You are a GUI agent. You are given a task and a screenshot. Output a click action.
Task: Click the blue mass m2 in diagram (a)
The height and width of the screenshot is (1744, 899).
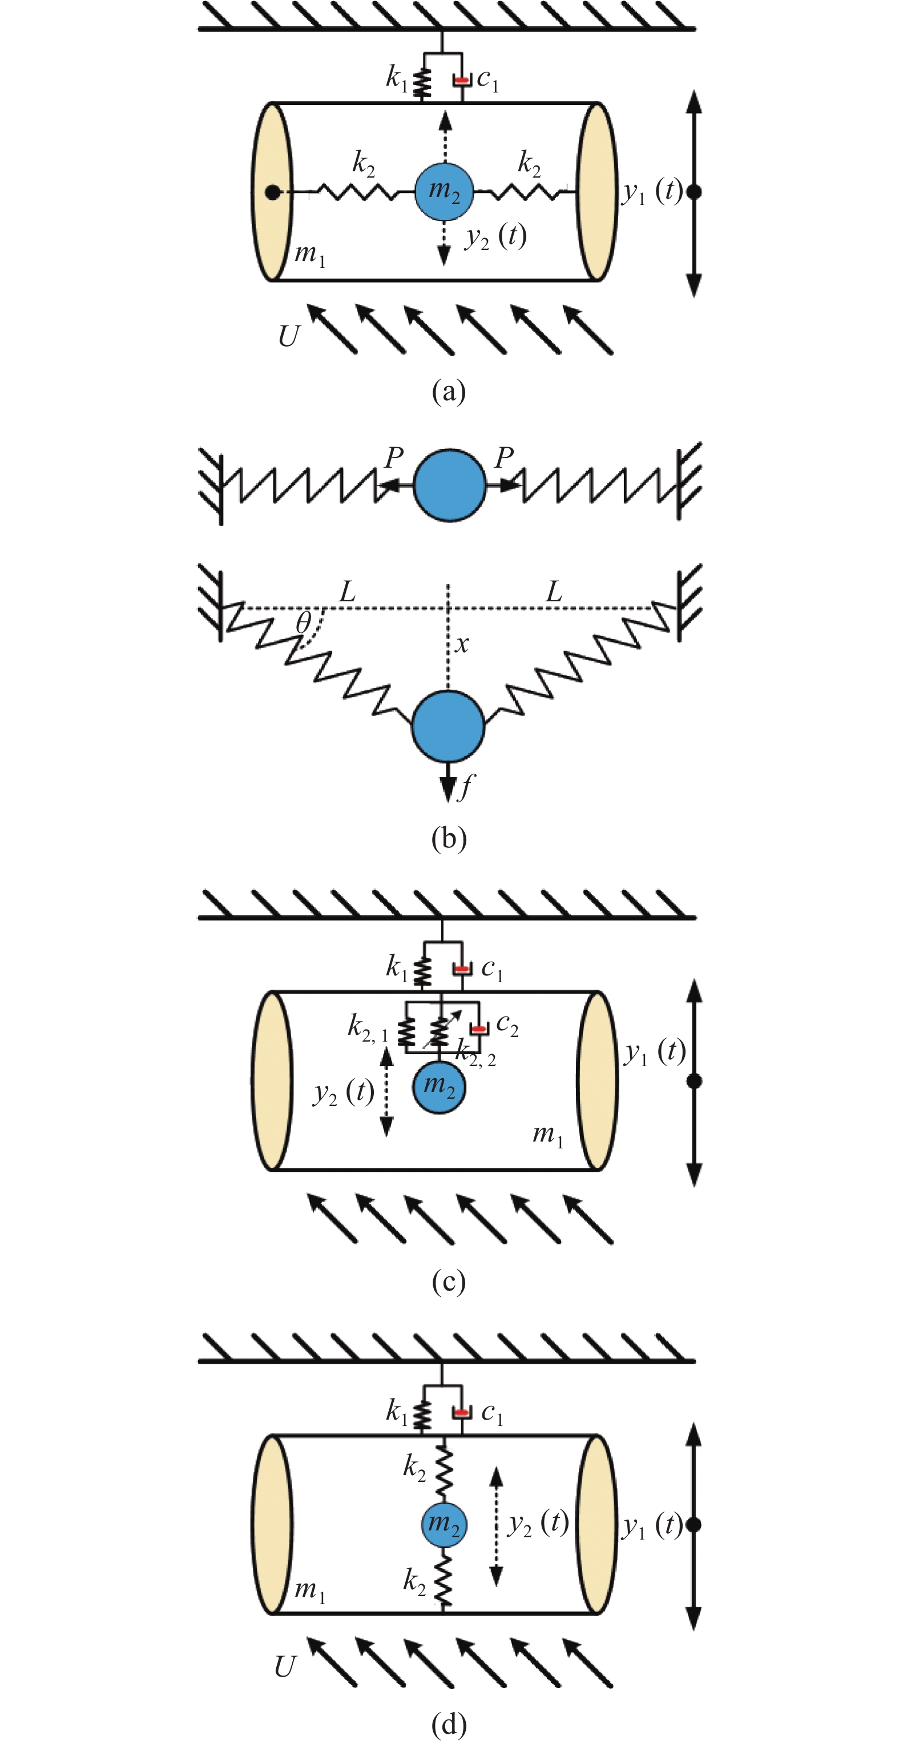pyautogui.click(x=444, y=192)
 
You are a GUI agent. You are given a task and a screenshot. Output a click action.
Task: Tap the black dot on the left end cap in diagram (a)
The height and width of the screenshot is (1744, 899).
pyautogui.click(x=272, y=193)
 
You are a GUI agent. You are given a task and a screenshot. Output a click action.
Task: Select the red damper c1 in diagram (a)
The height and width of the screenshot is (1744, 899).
pyautogui.click(x=462, y=81)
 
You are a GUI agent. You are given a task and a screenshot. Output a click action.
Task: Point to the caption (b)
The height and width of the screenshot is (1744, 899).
pyautogui.click(x=449, y=838)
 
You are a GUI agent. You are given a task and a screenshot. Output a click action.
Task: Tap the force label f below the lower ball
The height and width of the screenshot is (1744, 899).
pyautogui.click(x=466, y=787)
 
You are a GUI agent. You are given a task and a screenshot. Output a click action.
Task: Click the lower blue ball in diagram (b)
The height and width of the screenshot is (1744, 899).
pyautogui.click(x=448, y=726)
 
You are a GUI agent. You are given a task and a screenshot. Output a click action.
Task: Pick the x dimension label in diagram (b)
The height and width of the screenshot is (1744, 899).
pyautogui.click(x=462, y=644)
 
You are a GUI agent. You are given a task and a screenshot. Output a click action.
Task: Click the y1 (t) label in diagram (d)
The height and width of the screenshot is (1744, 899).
pyautogui.click(x=652, y=1525)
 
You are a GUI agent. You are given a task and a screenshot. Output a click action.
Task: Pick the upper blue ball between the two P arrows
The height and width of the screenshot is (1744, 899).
pyautogui.click(x=450, y=484)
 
